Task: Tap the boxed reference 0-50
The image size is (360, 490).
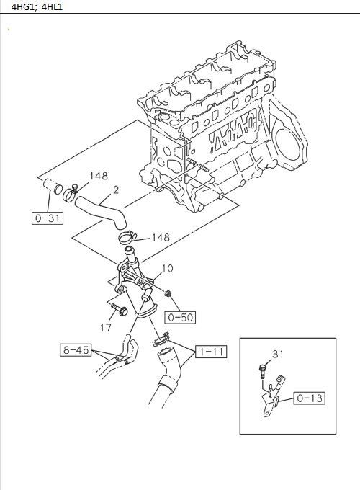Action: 180,316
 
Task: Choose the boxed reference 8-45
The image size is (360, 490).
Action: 75,351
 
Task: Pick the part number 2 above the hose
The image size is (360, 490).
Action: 115,190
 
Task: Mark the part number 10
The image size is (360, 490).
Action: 167,269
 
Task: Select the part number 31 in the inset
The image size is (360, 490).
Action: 279,354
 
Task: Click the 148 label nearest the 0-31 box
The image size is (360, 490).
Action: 99,176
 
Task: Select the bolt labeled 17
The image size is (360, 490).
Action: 120,311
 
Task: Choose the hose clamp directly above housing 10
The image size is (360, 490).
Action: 125,239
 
